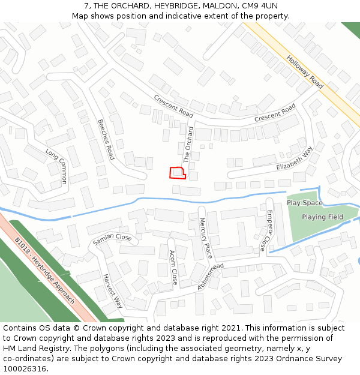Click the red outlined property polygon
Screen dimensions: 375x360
coord(178,173)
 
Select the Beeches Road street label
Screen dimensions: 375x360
coord(106,139)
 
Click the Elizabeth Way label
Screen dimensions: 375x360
coord(295,160)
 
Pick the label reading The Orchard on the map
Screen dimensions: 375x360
coord(188,145)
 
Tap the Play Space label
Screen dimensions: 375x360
coord(304,203)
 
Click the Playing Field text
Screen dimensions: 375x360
coord(322,217)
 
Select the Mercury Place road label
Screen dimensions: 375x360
coord(205,238)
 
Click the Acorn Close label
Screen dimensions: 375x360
coord(173,267)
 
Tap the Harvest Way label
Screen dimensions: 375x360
coord(112,291)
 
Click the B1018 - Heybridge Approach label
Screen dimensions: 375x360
coord(46,270)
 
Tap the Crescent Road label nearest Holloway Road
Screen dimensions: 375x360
coord(275,113)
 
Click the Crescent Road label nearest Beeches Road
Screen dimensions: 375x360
coord(173,106)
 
